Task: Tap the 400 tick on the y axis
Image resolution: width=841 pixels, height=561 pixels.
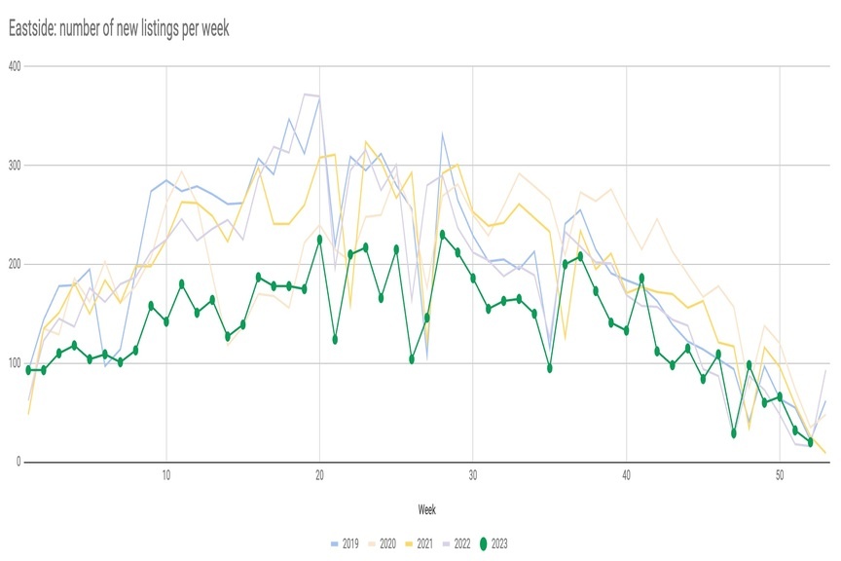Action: click(x=15, y=66)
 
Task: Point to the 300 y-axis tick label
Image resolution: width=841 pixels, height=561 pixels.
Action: click(x=15, y=166)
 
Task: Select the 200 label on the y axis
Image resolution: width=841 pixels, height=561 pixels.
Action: click(x=15, y=264)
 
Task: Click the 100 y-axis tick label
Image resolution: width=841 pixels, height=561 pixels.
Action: click(x=15, y=363)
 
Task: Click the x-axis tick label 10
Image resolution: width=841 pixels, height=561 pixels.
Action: click(x=166, y=475)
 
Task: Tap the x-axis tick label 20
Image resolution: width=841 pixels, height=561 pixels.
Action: click(x=319, y=475)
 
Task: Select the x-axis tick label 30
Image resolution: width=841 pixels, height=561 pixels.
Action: click(x=473, y=475)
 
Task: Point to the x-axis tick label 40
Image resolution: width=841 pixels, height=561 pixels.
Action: click(x=626, y=475)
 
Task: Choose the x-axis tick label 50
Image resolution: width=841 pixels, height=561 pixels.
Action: click(x=780, y=475)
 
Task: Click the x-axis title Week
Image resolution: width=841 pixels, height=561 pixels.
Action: click(x=426, y=509)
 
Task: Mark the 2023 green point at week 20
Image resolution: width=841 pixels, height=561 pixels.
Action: click(x=319, y=239)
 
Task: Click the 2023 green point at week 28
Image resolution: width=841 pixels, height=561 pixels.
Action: click(x=442, y=234)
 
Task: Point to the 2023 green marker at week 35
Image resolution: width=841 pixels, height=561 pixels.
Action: click(x=550, y=368)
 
